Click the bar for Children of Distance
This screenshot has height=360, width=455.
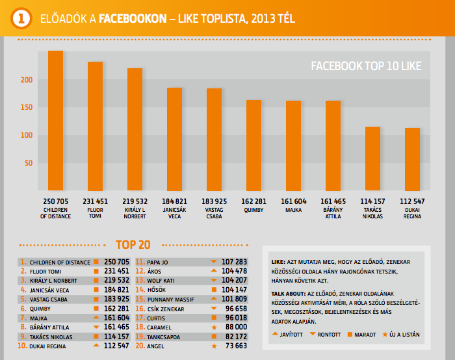click(55, 120)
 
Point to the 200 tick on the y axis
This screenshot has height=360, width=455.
click(26, 80)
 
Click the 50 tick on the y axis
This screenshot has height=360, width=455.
click(28, 163)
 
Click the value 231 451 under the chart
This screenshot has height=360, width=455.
click(96, 201)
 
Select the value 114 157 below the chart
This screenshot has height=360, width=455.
click(372, 201)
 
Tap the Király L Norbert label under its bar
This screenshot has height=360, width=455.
click(135, 212)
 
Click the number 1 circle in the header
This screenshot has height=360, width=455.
click(21, 18)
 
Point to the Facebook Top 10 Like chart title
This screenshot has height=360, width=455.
click(366, 66)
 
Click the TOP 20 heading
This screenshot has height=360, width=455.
click(133, 245)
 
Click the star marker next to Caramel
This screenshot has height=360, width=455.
click(214, 328)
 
